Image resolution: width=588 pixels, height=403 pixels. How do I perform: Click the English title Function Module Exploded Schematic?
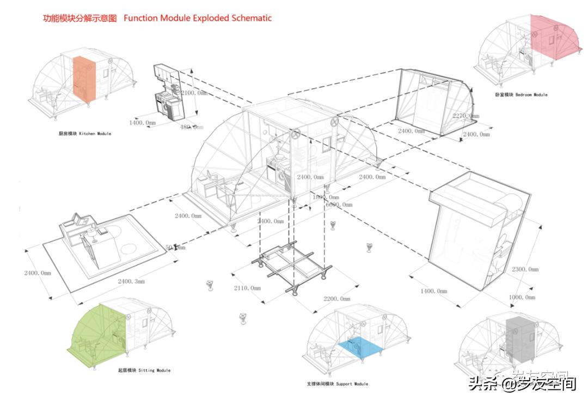point(198,18)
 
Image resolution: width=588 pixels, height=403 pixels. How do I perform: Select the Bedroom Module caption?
point(521,95)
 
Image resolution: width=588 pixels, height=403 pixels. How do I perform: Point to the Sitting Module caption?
point(144,370)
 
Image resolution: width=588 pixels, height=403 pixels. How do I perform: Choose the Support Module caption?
point(338,384)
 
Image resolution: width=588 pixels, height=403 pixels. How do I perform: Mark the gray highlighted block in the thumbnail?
point(517,338)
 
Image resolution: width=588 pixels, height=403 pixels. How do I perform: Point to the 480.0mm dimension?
point(191,127)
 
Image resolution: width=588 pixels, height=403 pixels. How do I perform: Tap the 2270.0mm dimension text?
point(467,116)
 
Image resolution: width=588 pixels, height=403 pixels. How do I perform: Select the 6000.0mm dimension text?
point(339,204)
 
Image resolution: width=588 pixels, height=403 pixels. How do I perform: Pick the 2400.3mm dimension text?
point(131,282)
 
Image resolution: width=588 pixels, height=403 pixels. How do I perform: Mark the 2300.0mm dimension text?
point(525,269)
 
